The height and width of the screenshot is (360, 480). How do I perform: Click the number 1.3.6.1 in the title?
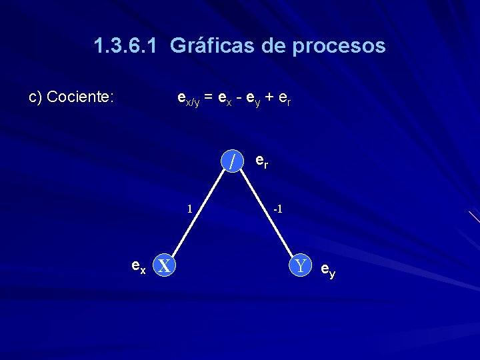point(126,46)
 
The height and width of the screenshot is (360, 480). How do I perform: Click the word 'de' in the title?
point(264,46)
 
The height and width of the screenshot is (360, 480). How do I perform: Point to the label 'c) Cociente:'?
point(72,97)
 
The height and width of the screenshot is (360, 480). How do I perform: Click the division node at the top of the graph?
point(232,161)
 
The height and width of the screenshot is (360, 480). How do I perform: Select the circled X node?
point(165,265)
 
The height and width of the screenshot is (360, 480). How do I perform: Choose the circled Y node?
point(301,265)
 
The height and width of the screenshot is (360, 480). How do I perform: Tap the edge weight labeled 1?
point(189,208)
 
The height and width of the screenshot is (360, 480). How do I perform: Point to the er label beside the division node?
point(262,162)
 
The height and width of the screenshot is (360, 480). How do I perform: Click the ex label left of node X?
point(139,267)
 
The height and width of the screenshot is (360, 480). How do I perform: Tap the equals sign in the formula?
point(209,97)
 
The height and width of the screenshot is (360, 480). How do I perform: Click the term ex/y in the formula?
point(189,99)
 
